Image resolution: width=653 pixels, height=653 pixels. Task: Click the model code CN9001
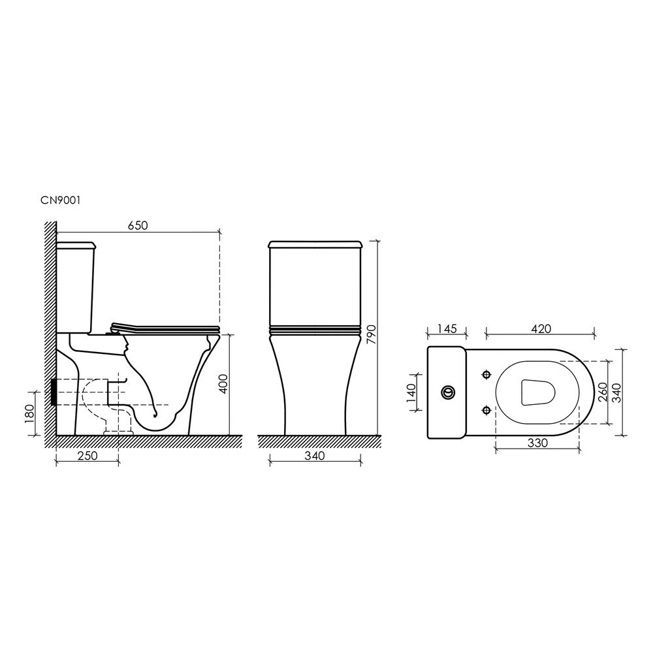(60, 200)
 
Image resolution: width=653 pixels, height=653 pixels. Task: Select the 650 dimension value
(138, 225)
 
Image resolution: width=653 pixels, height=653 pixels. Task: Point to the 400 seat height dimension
(223, 385)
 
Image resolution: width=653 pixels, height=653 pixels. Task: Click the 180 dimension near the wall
(30, 413)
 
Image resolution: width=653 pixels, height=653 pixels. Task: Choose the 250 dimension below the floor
(87, 456)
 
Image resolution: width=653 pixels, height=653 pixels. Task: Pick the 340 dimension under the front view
(315, 456)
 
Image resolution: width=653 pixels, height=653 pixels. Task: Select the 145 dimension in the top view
(447, 328)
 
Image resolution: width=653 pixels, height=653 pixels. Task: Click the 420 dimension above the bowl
(541, 328)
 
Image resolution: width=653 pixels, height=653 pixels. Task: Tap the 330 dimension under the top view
(537, 443)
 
